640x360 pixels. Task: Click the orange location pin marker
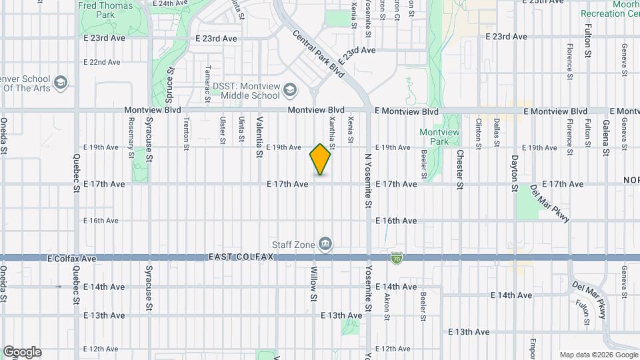coord(320,159)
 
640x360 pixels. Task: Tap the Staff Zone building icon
coord(325,244)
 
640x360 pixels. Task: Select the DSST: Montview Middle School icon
coord(290,89)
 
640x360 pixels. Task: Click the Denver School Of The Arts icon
coord(61,82)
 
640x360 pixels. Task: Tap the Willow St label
coord(313,283)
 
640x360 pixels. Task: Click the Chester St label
coord(460,169)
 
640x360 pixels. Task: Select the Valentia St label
coord(259,136)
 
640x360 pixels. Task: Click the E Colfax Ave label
coord(72,258)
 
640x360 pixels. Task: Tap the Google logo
coord(22,352)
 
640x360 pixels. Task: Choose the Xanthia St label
coord(332,129)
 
